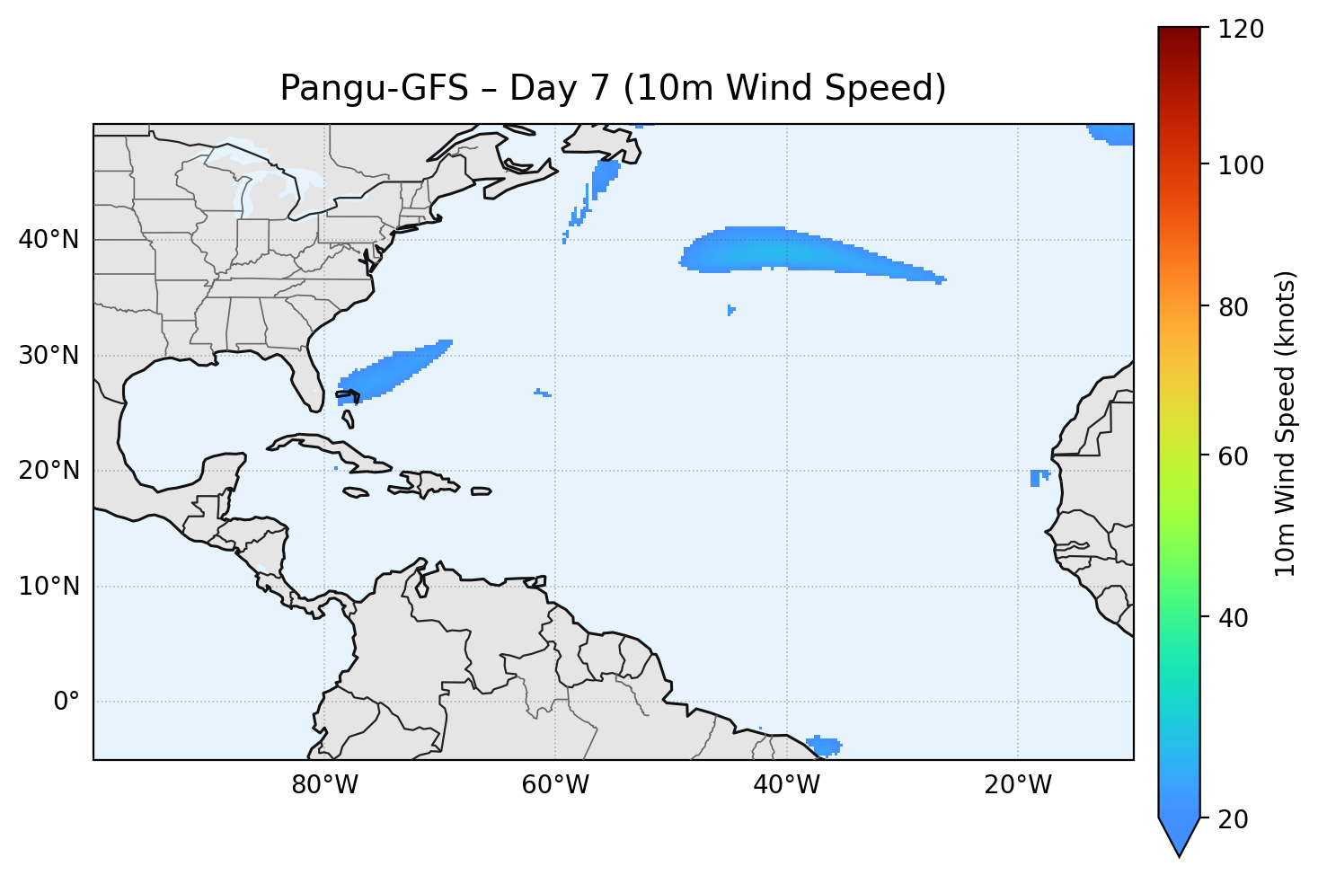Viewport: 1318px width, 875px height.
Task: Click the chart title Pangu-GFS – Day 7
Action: [613, 88]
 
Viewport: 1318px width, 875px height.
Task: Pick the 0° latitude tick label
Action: [66, 702]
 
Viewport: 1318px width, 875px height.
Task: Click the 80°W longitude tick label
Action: [324, 785]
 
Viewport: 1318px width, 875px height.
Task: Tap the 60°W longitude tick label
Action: [555, 785]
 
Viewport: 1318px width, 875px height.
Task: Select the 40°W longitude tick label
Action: [786, 785]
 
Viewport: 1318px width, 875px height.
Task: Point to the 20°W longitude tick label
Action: [1017, 785]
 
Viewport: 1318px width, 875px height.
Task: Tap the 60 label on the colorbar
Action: [1237, 456]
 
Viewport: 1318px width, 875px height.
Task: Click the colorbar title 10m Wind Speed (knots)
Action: [1286, 424]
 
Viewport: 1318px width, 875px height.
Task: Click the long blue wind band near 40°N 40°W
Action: [791, 252]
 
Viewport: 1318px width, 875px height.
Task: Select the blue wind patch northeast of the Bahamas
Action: [395, 371]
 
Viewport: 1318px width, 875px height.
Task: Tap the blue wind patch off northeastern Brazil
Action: [825, 745]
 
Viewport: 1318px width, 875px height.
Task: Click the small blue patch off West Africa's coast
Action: [1038, 477]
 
